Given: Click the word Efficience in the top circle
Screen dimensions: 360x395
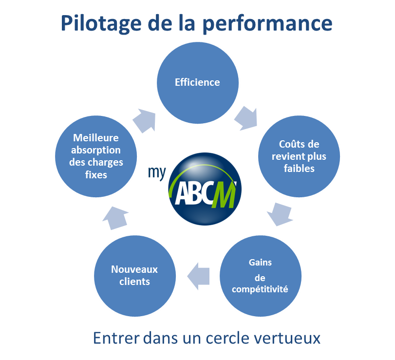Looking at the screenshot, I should click(197, 82).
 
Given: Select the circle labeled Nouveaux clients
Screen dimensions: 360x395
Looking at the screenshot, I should click(134, 276).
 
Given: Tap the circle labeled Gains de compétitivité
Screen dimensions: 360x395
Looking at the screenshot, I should click(260, 276).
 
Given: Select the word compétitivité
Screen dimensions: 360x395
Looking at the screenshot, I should click(260, 289).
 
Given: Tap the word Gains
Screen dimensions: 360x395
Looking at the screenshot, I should click(260, 262).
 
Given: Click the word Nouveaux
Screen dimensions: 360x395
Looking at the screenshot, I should click(134, 269).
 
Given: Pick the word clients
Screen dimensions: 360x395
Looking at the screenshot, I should click(134, 282).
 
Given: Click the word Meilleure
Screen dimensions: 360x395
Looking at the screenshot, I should click(96, 138).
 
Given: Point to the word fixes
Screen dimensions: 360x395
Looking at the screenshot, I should click(96, 174).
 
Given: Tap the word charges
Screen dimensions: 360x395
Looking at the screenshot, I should click(109, 162).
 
